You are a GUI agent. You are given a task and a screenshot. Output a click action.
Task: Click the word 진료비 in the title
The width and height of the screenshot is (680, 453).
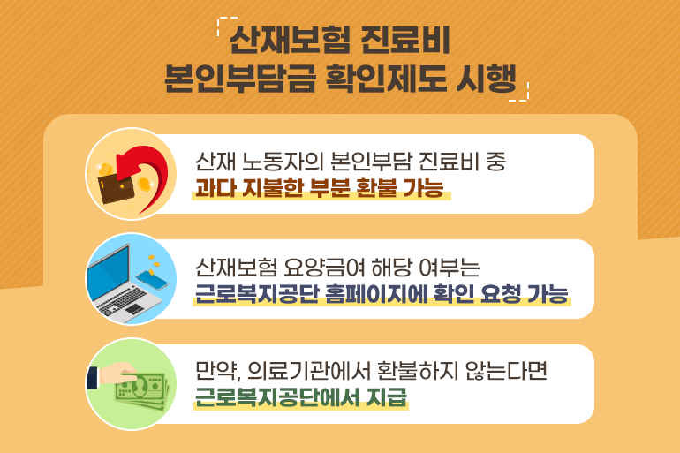405,41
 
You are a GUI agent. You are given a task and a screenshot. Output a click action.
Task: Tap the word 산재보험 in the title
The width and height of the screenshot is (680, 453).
290,41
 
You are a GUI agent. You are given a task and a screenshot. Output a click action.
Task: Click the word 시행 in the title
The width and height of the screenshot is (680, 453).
486,79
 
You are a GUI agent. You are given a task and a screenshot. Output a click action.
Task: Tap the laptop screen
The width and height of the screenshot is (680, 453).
109,274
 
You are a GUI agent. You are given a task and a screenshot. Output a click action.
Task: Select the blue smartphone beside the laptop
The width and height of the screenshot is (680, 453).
152,280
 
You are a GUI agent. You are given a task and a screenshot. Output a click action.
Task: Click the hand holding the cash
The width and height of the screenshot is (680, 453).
117,372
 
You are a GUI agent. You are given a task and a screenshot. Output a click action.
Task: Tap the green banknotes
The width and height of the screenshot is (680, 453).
142,391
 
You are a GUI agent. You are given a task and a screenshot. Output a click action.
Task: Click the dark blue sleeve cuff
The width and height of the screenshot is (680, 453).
93,378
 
